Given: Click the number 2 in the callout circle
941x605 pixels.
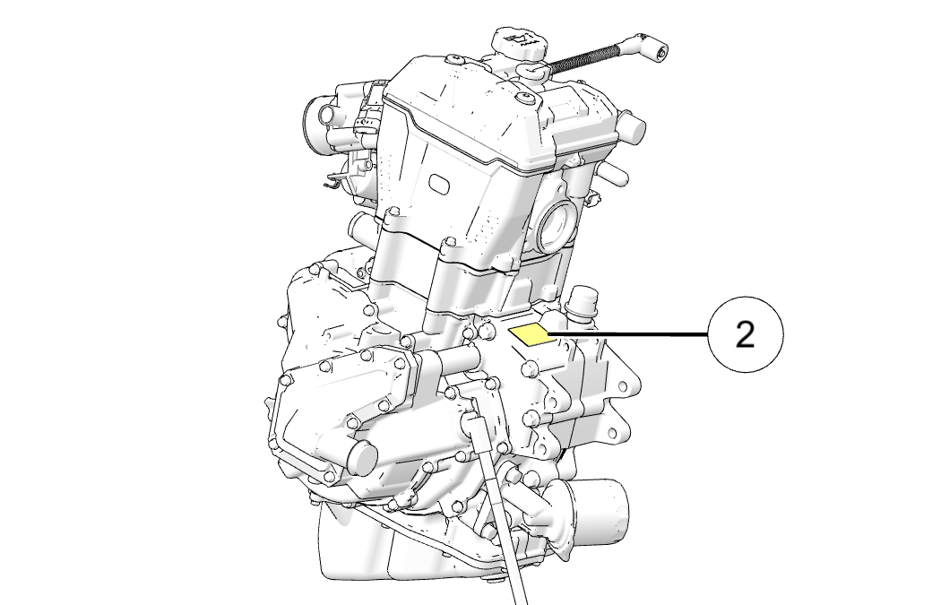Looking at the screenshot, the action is [x=745, y=334].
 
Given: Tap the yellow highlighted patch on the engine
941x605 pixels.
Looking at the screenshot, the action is [x=530, y=335].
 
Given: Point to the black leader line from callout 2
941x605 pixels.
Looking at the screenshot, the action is [x=627, y=333].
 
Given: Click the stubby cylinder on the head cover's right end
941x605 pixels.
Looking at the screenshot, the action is [x=632, y=128].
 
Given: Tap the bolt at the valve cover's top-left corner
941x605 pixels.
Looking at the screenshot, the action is [x=454, y=58].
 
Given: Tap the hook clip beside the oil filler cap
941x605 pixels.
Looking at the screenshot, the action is [x=533, y=73].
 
